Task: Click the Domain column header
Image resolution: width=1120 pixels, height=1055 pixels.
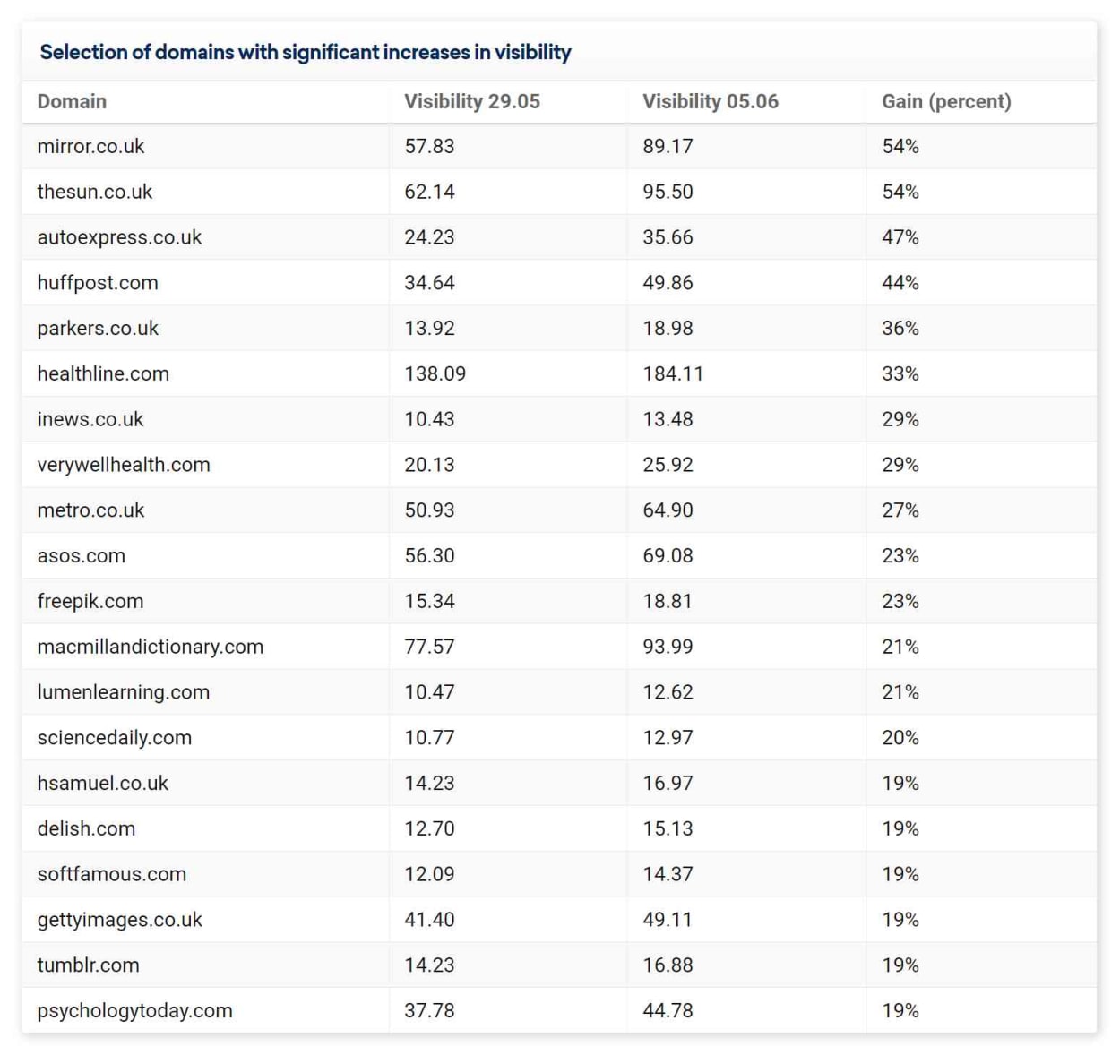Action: click(72, 101)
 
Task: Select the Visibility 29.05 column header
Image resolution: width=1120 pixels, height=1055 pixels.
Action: click(472, 101)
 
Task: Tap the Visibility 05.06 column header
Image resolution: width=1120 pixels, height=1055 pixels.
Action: click(711, 101)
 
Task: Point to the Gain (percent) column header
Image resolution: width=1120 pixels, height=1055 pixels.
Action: click(946, 101)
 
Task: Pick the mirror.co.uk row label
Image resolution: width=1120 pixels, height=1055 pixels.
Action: click(90, 146)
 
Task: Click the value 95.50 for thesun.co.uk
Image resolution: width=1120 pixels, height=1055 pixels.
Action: click(668, 192)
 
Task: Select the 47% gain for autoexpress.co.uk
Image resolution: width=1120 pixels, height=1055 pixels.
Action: click(900, 237)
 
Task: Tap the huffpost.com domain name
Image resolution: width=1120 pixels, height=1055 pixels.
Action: click(98, 283)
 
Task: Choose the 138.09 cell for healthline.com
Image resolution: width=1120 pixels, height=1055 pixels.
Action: click(435, 373)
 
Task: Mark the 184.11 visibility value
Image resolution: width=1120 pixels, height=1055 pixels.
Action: click(673, 373)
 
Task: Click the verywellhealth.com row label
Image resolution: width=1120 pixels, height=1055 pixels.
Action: click(124, 465)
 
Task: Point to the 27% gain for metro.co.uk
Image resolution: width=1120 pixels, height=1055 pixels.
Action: click(900, 510)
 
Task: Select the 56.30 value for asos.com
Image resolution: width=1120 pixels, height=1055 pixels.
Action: click(429, 556)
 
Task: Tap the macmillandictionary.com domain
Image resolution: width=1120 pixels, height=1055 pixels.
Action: click(150, 647)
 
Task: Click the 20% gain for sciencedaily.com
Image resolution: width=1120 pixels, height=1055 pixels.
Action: click(900, 738)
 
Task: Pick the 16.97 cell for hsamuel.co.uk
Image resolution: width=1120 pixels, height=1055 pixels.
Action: click(668, 784)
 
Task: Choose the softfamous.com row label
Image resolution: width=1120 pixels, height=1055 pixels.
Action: click(112, 875)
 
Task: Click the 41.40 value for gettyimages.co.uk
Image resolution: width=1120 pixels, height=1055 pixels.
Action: click(429, 920)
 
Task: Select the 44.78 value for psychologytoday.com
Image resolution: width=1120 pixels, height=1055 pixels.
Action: click(668, 1011)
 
